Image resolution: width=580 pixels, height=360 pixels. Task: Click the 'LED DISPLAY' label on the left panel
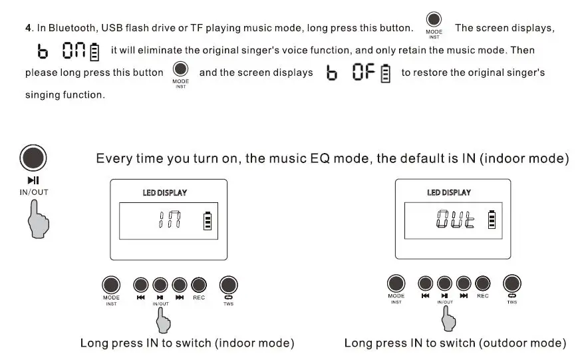point(164,193)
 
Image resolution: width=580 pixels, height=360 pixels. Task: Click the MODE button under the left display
point(111,285)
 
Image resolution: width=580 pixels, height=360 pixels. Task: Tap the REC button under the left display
point(199,285)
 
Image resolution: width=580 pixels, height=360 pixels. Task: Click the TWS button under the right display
point(511,283)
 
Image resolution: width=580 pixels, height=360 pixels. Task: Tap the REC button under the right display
point(483,283)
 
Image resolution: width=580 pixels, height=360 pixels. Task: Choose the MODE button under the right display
point(396,283)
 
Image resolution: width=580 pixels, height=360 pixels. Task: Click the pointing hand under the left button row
point(163,321)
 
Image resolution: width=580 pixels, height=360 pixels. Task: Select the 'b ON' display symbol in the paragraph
point(66,51)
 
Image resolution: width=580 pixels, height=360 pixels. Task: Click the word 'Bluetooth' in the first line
point(70,28)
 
